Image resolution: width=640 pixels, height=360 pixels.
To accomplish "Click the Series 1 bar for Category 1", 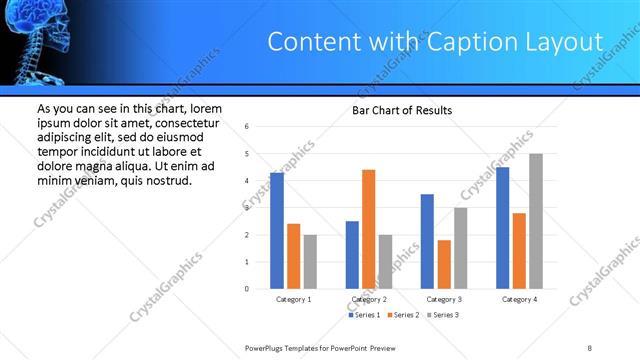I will pyautogui.click(x=277, y=231).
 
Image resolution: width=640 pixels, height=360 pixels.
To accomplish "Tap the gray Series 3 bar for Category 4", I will pyautogui.click(x=535, y=221).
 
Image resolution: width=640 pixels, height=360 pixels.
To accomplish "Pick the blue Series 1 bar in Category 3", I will pyautogui.click(x=427, y=241).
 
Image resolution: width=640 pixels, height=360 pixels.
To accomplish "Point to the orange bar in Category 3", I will pyautogui.click(x=443, y=264).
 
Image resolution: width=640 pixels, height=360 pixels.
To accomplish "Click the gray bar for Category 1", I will pyautogui.click(x=310, y=262).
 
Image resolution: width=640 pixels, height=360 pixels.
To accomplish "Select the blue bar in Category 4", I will pyautogui.click(x=502, y=228).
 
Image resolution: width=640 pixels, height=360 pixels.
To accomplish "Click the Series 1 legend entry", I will pyautogui.click(x=364, y=315).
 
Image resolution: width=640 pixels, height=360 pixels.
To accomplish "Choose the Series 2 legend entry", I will pyautogui.click(x=404, y=315).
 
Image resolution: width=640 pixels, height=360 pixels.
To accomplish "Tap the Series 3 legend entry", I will pyautogui.click(x=444, y=315).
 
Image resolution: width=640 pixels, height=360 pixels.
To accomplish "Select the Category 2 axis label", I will pyautogui.click(x=369, y=299).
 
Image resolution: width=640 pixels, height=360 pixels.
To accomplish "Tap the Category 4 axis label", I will pyautogui.click(x=519, y=299).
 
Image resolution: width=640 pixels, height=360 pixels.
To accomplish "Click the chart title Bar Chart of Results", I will pyautogui.click(x=402, y=110).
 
